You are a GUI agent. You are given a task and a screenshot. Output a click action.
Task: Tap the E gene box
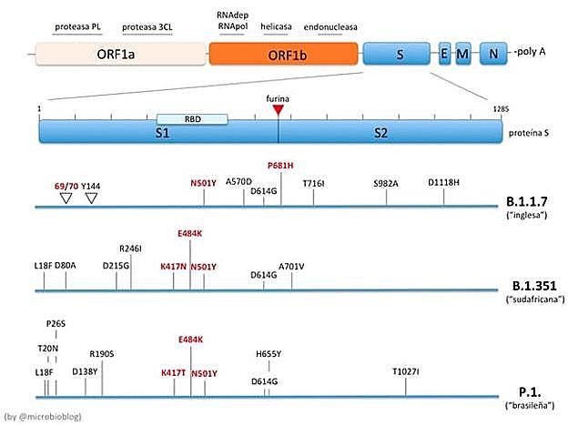pyautogui.click(x=444, y=54)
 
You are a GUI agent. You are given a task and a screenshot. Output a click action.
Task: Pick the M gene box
pyautogui.click(x=462, y=54)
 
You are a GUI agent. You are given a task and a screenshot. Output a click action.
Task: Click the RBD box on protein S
pyautogui.click(x=191, y=119)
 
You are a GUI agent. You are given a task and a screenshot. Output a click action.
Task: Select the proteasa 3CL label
pyautogui.click(x=147, y=27)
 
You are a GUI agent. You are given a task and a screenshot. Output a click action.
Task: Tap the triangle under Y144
pyautogui.click(x=91, y=198)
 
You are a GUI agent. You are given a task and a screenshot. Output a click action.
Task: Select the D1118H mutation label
pyautogui.click(x=444, y=183)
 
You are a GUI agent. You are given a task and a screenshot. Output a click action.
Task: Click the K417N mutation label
pyautogui.click(x=173, y=266)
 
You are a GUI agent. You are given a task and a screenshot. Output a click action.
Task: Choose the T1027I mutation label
pyautogui.click(x=406, y=371)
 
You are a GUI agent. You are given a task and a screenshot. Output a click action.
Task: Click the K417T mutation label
pyautogui.click(x=173, y=372)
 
